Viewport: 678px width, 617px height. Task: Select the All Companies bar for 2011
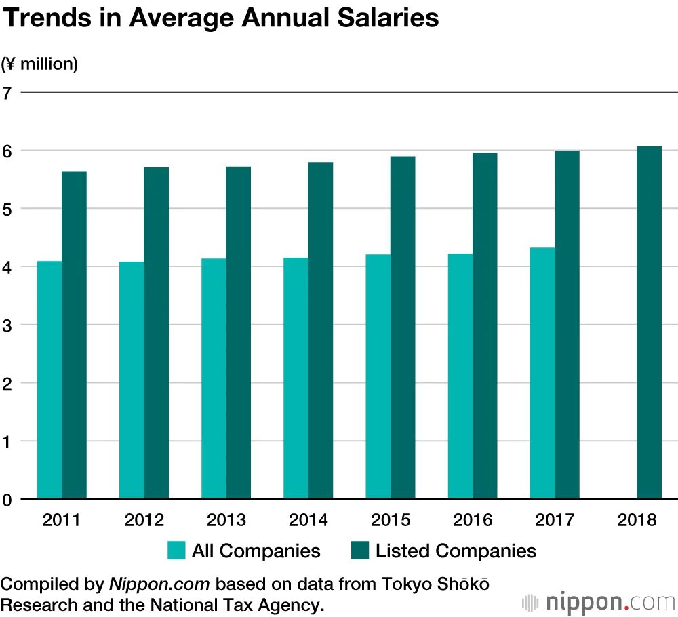tap(49, 380)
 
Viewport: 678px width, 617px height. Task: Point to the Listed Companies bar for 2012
tap(156, 333)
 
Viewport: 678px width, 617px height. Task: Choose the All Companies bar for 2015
tap(378, 376)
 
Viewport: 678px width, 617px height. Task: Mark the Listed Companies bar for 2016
tap(485, 325)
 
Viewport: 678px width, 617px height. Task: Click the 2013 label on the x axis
tap(226, 520)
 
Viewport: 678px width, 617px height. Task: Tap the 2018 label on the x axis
tap(637, 520)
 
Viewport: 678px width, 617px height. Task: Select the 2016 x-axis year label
tap(473, 520)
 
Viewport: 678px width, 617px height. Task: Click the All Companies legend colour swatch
tap(176, 551)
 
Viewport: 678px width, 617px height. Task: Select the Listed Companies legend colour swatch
tap(360, 551)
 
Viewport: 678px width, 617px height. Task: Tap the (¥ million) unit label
tap(39, 64)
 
